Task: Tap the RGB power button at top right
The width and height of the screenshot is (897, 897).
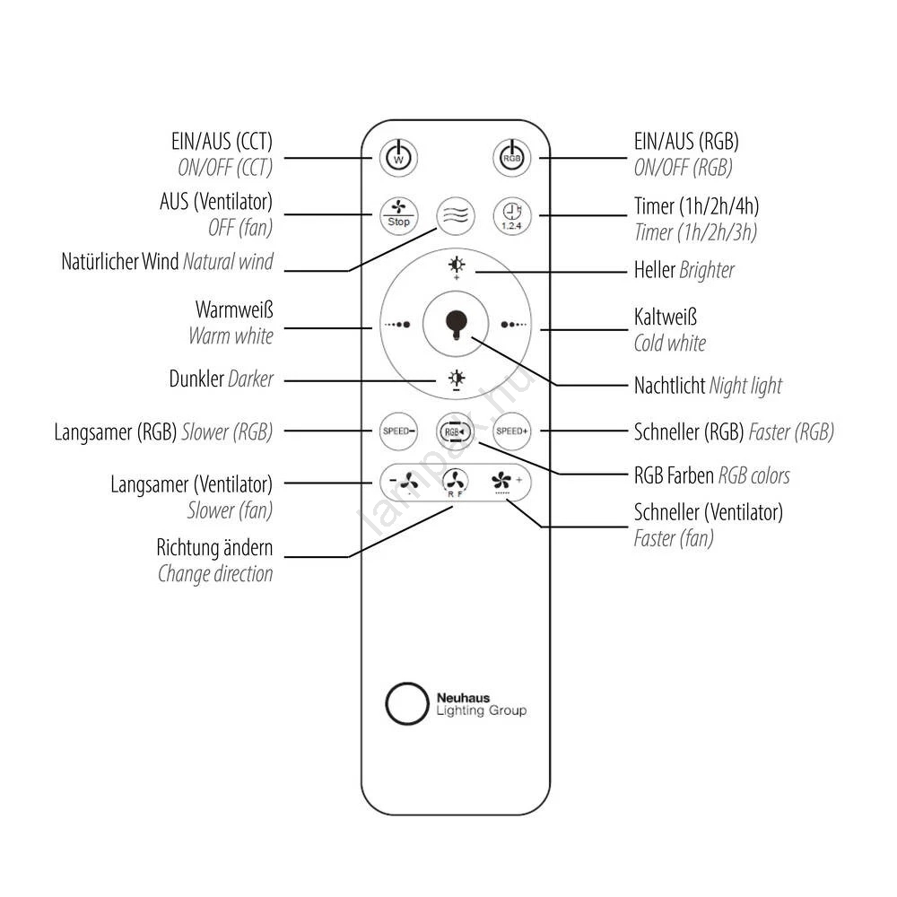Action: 511,158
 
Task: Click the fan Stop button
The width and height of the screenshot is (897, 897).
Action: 399,215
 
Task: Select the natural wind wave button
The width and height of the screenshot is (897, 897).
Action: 455,215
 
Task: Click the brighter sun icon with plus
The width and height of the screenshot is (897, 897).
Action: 457,266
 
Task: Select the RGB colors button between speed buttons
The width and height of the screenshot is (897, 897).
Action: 455,431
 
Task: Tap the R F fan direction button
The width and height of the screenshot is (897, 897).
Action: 456,483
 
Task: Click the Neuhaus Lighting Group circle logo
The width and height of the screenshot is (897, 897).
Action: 405,703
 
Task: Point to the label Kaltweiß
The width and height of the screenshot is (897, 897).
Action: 665,318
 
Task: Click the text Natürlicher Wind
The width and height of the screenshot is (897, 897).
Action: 120,263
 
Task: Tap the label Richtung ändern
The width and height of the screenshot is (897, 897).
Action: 214,547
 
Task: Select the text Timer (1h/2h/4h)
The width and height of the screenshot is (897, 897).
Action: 696,207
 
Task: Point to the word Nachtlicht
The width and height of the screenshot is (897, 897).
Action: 669,386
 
